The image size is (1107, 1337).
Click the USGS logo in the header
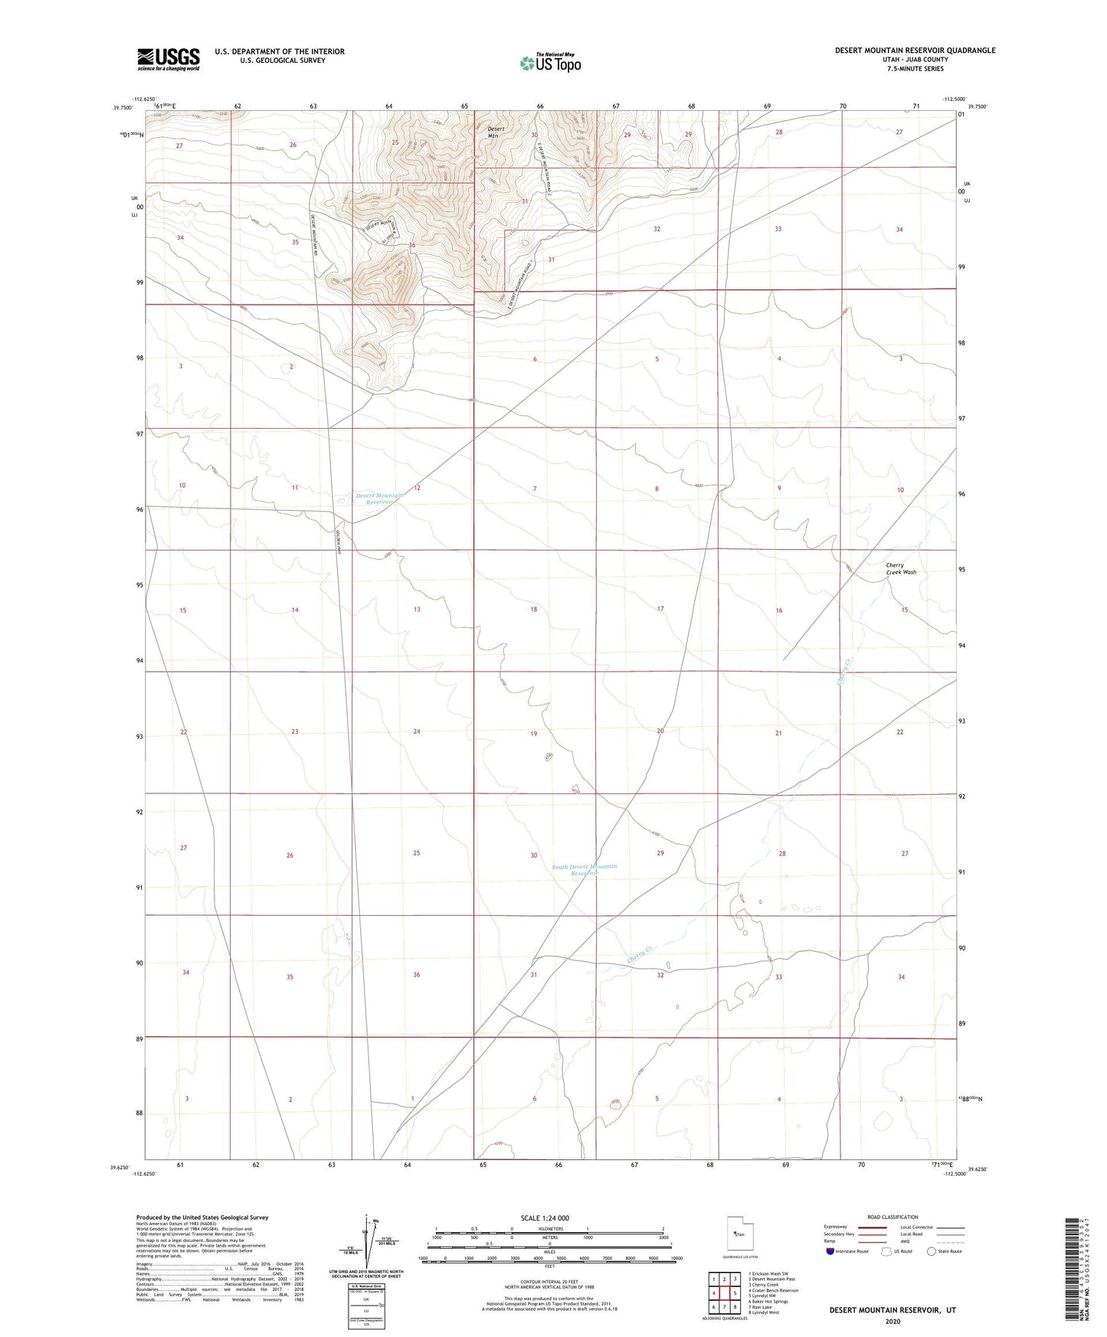click(x=169, y=58)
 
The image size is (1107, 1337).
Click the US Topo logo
click(x=550, y=63)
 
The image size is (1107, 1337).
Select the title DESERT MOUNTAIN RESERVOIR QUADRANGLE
click(x=915, y=51)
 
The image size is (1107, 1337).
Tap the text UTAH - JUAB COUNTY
click(x=914, y=60)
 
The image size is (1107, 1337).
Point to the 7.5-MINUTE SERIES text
click(x=914, y=69)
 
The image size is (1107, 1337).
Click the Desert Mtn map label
click(x=496, y=132)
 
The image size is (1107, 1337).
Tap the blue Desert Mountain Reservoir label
click(x=379, y=499)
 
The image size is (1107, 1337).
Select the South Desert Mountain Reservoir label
click(x=585, y=870)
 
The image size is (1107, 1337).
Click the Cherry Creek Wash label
click(x=900, y=568)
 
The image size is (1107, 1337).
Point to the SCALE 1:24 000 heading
click(x=545, y=1218)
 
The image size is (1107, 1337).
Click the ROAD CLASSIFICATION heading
click(x=892, y=1217)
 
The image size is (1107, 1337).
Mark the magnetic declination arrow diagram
click(x=367, y=1244)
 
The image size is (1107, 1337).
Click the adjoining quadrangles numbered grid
click(x=724, y=1293)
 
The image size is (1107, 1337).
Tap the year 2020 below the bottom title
click(x=892, y=1321)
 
